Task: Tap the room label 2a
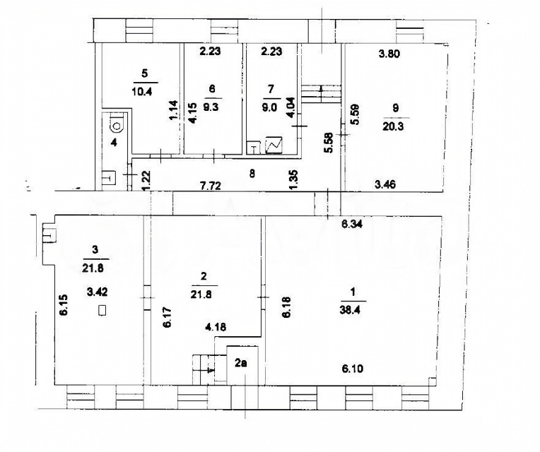240,362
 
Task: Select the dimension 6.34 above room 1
351,225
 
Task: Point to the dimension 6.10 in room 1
352,369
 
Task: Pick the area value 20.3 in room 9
393,126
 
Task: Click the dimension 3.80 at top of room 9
389,54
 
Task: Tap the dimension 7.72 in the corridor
210,186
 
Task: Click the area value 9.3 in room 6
211,107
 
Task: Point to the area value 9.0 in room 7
269,107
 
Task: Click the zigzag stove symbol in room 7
274,145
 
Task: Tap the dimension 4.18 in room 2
216,326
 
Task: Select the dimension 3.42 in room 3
98,292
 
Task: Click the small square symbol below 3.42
102,310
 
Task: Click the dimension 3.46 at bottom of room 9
385,184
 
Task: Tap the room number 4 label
115,142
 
